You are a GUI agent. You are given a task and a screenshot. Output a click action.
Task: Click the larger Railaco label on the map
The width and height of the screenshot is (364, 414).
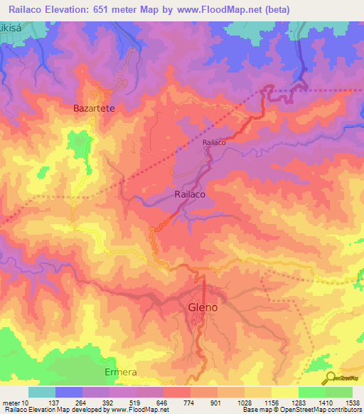click(x=191, y=193)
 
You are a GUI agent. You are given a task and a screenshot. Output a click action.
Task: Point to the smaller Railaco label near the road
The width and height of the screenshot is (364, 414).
click(x=214, y=142)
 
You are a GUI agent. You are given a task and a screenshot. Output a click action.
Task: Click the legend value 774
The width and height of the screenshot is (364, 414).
click(x=190, y=403)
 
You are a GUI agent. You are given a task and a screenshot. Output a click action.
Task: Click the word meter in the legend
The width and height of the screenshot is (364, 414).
click(x=11, y=403)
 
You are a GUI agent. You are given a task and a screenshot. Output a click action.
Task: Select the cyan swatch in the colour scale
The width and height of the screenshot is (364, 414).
click(x=41, y=392)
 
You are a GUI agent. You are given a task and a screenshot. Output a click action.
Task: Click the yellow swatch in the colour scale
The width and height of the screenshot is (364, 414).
click(x=284, y=392)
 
